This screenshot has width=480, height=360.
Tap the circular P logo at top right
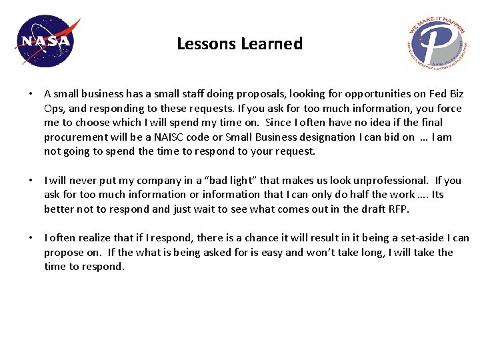[437, 43]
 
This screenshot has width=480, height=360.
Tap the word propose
[63, 252]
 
